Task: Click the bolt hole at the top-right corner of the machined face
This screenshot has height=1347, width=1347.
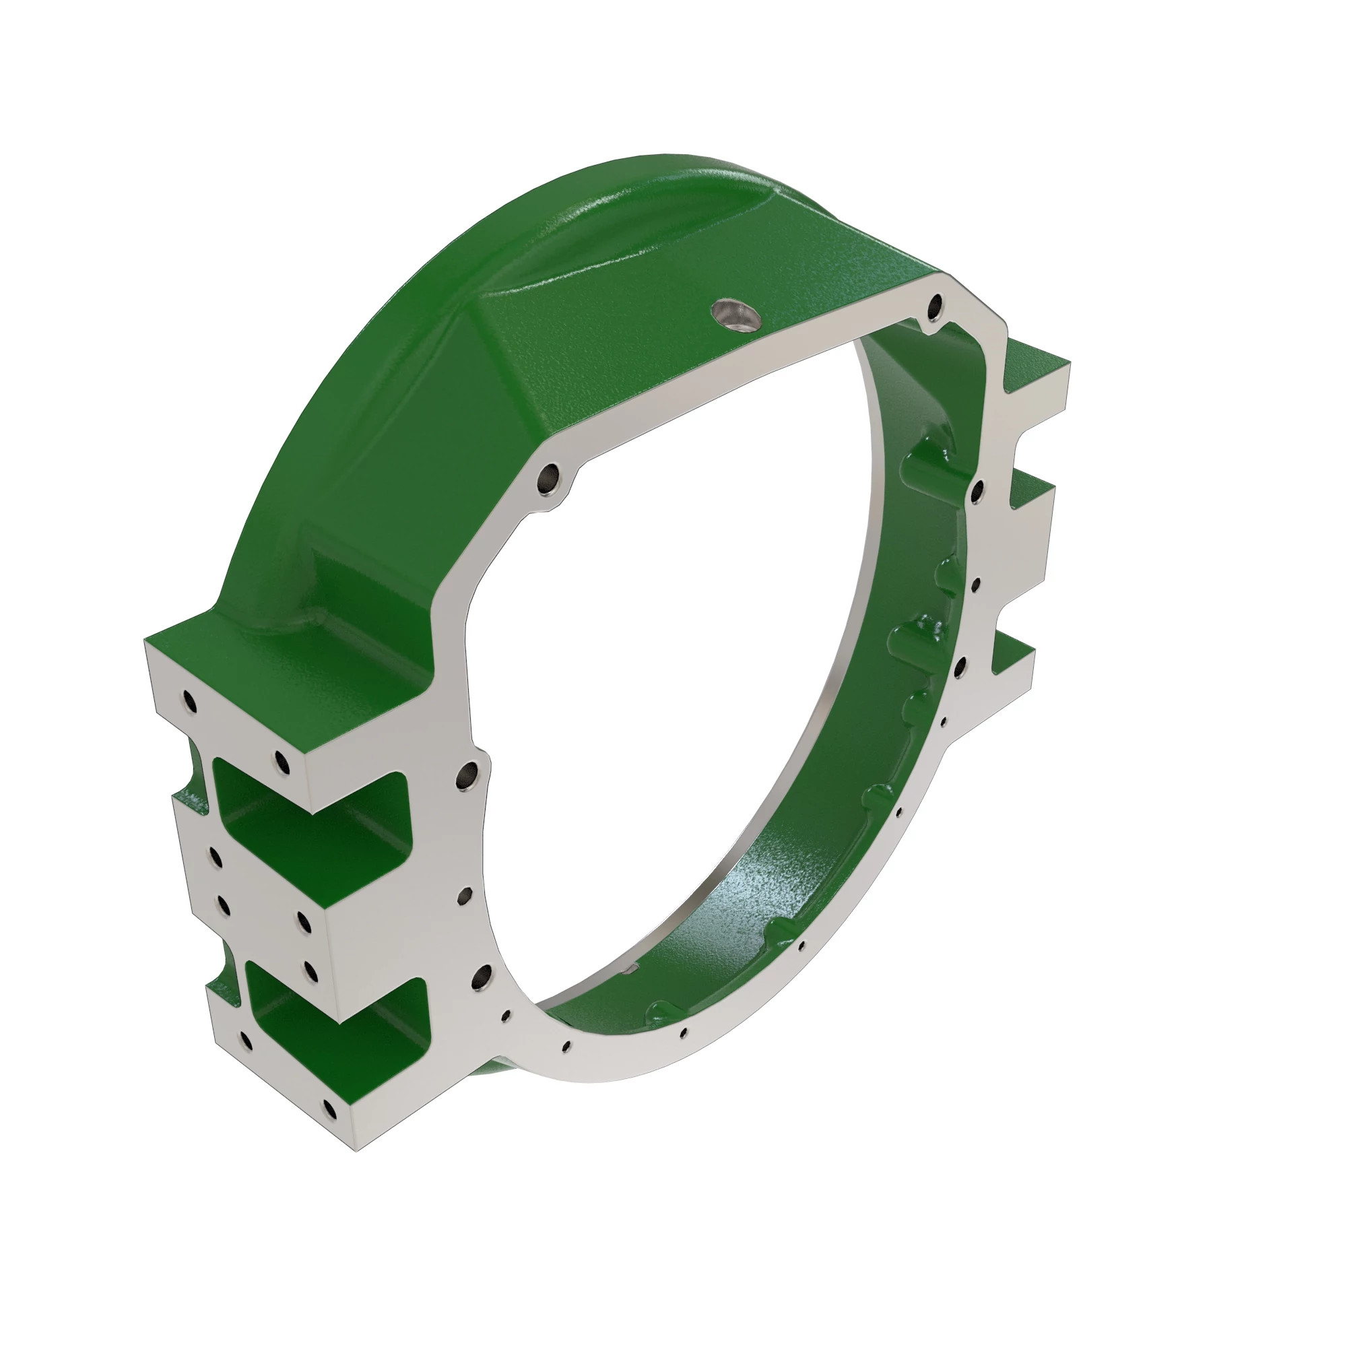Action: pyautogui.click(x=935, y=304)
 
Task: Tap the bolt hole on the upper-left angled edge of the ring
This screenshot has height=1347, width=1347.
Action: pyautogui.click(x=550, y=478)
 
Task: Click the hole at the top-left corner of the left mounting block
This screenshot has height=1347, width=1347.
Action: pyautogui.click(x=189, y=700)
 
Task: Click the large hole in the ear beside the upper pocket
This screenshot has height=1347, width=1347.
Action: pyautogui.click(x=469, y=775)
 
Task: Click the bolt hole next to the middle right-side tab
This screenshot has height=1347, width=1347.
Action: pyautogui.click(x=978, y=490)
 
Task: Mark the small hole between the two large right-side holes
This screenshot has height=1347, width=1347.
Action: pyautogui.click(x=975, y=582)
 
